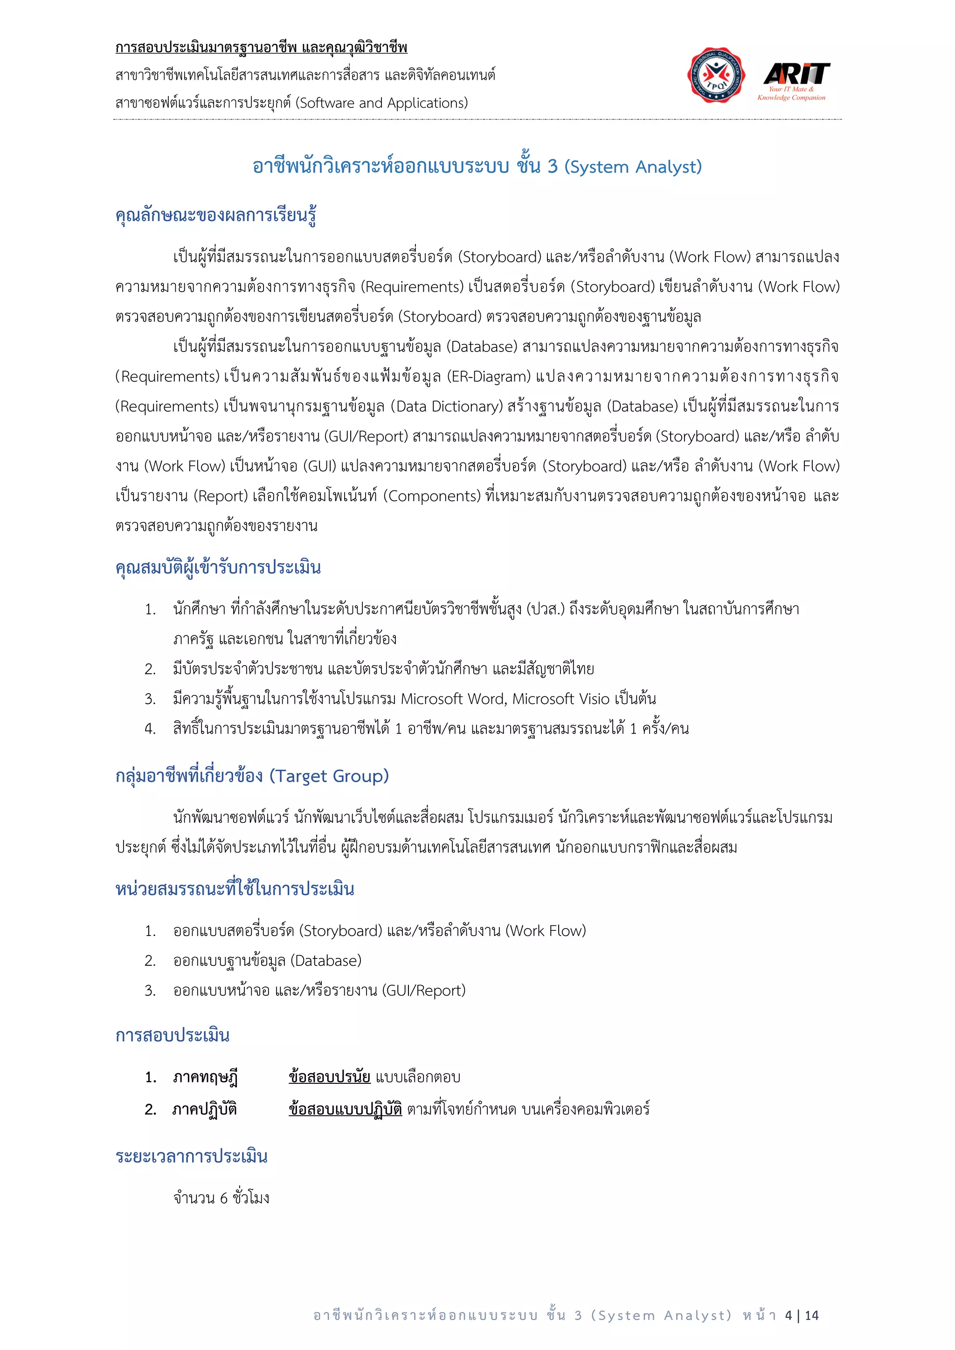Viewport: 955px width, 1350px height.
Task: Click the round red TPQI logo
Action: tap(716, 75)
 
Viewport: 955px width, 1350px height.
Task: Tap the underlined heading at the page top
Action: tap(261, 48)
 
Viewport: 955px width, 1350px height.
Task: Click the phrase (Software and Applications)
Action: tap(381, 103)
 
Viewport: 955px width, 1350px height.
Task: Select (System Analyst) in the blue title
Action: tap(633, 167)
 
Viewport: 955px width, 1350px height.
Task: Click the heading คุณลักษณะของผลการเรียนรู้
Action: tap(216, 215)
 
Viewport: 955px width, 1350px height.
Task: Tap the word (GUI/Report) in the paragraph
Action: tap(366, 436)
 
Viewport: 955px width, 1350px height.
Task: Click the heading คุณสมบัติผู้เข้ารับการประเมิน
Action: tap(218, 568)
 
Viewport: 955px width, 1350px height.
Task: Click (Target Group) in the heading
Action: tap(329, 776)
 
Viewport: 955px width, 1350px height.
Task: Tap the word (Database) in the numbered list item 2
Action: tap(326, 961)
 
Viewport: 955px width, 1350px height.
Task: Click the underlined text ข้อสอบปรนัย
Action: tap(329, 1076)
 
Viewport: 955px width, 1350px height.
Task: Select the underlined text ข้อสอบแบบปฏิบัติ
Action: tap(345, 1109)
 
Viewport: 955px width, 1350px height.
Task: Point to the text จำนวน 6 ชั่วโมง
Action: tap(221, 1198)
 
